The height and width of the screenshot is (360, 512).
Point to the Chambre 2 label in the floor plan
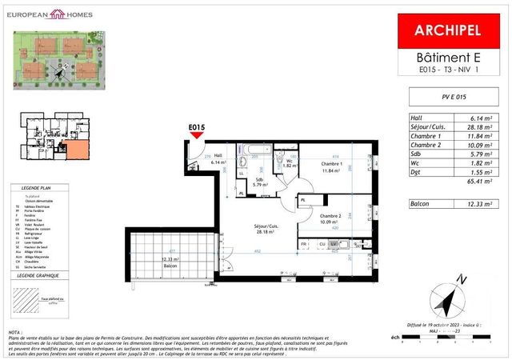pos(332,218)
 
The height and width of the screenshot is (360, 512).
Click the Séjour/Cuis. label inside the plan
pos(266,227)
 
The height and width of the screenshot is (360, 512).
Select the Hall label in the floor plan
pos(218,157)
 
